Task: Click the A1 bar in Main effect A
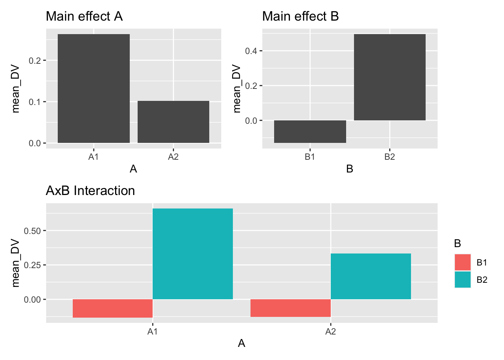coord(94,88)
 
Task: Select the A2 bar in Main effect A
coord(173,122)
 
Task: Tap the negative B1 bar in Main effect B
coord(310,132)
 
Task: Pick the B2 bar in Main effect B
coord(390,77)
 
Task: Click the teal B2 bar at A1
coord(193,254)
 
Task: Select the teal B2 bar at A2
coord(371,276)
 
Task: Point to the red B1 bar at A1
coord(112,308)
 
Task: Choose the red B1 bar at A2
coord(291,308)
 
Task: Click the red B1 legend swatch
coord(463,262)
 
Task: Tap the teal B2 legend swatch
coord(463,279)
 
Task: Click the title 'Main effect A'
coord(84,16)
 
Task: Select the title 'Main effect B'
coord(300,16)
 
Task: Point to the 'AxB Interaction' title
coord(90,190)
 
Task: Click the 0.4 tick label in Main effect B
coord(251,51)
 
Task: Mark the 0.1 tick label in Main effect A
coord(34,102)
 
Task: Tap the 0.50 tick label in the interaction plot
coord(32,231)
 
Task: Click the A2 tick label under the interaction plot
coord(330,331)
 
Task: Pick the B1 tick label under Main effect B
coord(310,157)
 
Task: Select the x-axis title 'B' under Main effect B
coord(349,169)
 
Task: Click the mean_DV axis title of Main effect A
coord(15,88)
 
